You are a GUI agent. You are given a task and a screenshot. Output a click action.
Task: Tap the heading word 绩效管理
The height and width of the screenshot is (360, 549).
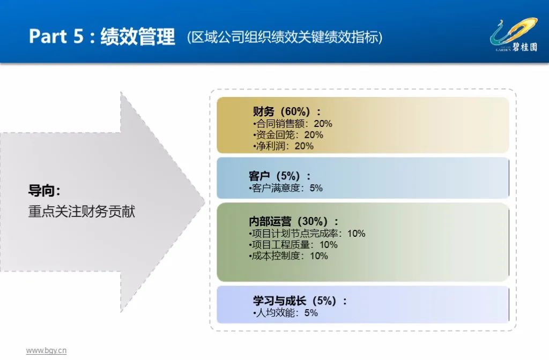(138, 36)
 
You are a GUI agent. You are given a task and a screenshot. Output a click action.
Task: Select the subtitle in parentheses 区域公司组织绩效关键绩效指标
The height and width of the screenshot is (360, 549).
(285, 37)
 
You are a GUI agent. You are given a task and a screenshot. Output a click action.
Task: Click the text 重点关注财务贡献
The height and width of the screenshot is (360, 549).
(81, 212)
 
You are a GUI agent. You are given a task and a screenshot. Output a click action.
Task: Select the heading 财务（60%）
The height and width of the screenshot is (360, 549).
(287, 111)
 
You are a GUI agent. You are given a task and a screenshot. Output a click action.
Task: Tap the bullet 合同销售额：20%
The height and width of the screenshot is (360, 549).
(292, 124)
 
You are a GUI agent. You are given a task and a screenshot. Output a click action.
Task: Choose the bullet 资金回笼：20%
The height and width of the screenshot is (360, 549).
(288, 135)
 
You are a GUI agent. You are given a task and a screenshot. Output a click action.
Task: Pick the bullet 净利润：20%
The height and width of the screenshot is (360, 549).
(283, 146)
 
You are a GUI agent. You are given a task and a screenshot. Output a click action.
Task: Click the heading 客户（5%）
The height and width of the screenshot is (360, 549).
(280, 176)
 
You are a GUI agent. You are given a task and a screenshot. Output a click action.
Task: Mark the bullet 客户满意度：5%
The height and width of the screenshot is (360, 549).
(286, 188)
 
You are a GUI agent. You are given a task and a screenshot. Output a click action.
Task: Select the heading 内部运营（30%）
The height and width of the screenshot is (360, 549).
(294, 221)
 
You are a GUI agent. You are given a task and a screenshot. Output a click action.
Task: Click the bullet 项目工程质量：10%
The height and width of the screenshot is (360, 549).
(294, 245)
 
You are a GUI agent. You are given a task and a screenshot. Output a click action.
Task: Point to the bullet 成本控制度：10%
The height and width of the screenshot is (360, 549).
(289, 256)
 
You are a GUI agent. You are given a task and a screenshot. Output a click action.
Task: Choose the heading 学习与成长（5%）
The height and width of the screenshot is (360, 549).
(300, 301)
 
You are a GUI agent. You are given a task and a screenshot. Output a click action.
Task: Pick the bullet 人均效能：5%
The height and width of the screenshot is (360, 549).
(285, 313)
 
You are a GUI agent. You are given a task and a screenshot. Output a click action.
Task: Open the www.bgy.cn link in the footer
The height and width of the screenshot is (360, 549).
(46, 350)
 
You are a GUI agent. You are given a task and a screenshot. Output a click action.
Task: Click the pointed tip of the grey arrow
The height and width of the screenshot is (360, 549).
(204, 202)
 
